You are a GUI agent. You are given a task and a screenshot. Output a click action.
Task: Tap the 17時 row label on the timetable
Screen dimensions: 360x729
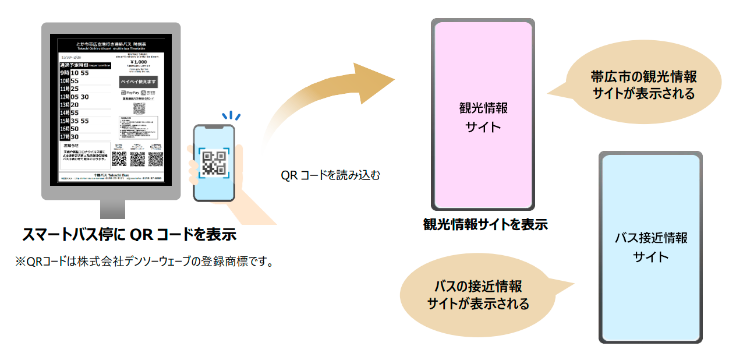click(x=65, y=137)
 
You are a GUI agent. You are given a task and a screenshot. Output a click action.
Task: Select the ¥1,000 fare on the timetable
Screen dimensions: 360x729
click(x=139, y=62)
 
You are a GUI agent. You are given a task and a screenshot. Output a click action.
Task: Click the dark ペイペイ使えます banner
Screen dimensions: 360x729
click(x=139, y=82)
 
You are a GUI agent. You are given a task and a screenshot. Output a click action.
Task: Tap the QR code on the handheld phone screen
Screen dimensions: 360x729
click(x=214, y=161)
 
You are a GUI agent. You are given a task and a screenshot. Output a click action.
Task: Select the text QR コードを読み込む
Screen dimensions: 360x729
click(x=330, y=175)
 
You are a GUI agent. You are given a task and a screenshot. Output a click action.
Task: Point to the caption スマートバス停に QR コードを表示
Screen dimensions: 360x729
click(x=129, y=235)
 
